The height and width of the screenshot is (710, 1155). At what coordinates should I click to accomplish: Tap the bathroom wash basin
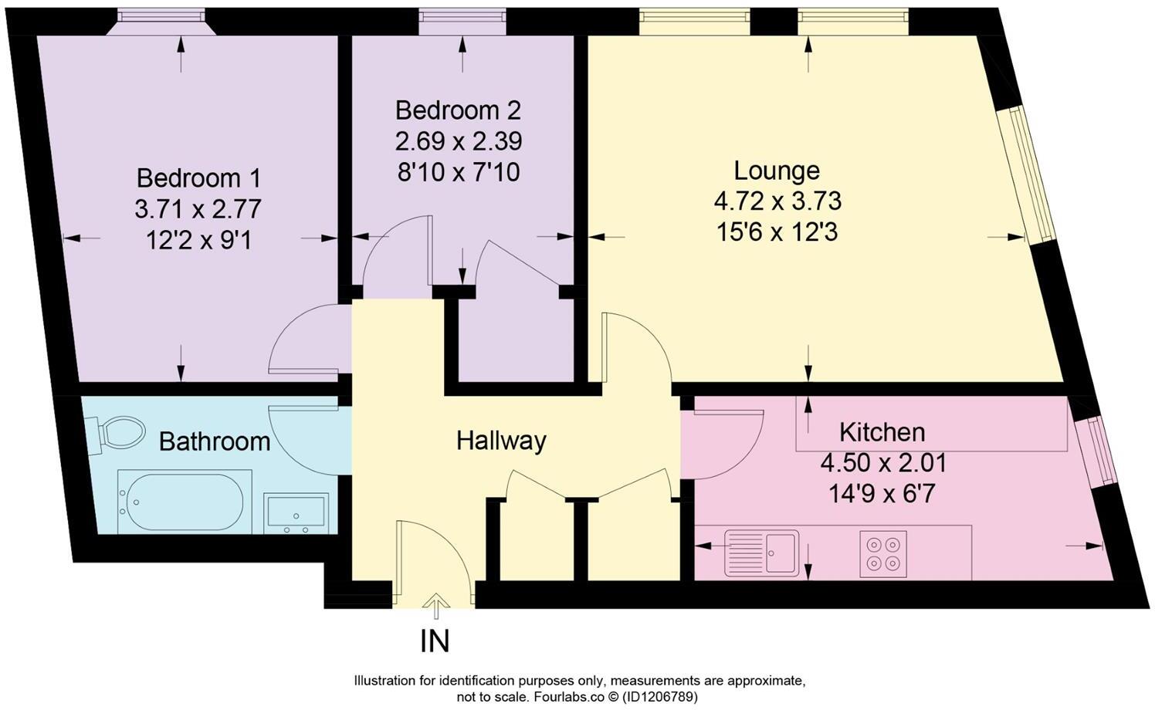pyautogui.click(x=296, y=513)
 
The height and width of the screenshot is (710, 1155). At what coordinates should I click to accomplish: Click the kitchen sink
pyautogui.click(x=761, y=553)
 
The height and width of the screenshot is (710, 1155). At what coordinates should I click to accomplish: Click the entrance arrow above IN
pyautogui.click(x=435, y=605)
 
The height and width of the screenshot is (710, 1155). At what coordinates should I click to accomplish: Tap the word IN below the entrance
pyautogui.click(x=435, y=641)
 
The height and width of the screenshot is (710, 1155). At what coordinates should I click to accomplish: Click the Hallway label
pyautogui.click(x=501, y=441)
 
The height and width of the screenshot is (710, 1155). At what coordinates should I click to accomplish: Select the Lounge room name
pyautogui.click(x=777, y=171)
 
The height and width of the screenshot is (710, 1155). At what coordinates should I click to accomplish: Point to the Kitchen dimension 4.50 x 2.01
pyautogui.click(x=883, y=463)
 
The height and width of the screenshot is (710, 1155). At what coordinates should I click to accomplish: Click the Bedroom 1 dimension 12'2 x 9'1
pyautogui.click(x=199, y=241)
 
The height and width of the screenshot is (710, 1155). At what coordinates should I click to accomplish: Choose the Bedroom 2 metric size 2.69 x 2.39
pyautogui.click(x=459, y=141)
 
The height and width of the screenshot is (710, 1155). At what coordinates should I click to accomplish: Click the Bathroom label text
pyautogui.click(x=215, y=441)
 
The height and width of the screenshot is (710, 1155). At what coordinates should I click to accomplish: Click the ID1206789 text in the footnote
pyautogui.click(x=660, y=697)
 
